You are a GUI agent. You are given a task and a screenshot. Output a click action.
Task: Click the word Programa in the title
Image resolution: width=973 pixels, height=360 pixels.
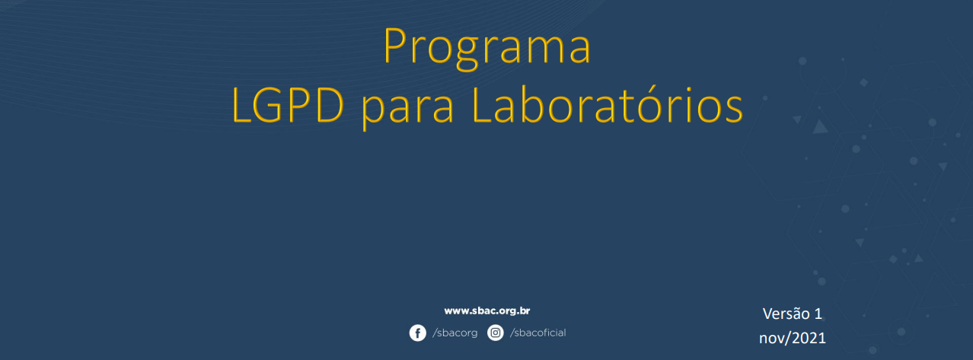[487, 48]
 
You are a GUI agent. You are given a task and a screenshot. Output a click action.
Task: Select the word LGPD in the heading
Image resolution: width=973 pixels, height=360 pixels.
[288, 105]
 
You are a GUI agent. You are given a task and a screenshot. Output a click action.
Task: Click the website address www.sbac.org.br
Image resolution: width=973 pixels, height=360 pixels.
[487, 311]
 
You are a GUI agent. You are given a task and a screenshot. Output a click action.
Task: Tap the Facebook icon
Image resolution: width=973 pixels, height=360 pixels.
[417, 333]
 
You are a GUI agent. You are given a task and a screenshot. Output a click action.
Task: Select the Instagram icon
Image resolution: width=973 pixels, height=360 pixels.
[495, 333]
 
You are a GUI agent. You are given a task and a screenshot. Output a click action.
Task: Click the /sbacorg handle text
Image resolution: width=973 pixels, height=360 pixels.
[455, 333]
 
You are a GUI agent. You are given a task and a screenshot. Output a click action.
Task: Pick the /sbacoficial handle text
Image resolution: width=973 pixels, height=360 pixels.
[538, 333]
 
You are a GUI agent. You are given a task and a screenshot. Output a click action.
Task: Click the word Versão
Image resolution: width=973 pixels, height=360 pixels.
[786, 313]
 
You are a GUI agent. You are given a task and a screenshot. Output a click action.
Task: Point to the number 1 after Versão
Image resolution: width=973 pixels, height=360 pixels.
[818, 314]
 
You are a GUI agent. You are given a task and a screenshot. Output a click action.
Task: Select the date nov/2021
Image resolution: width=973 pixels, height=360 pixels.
[793, 338]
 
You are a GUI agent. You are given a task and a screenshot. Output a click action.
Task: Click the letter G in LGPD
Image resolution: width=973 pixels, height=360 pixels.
[269, 105]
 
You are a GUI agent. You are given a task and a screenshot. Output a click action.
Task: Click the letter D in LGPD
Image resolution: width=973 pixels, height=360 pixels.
[330, 106]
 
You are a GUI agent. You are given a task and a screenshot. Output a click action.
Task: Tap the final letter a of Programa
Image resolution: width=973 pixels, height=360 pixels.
[580, 51]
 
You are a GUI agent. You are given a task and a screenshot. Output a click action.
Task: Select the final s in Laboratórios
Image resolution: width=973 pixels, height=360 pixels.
[733, 110]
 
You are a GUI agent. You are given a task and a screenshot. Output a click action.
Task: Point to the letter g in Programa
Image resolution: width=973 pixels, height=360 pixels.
[467, 55]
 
